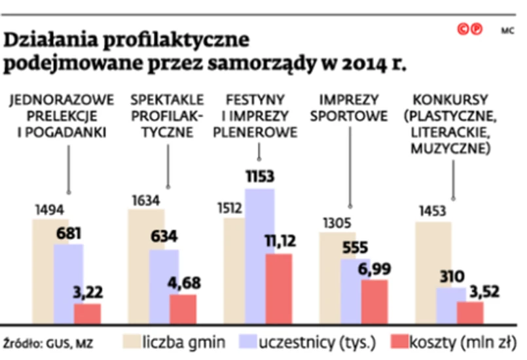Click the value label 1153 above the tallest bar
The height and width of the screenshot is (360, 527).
[260, 177]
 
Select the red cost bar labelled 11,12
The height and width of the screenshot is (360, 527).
[279, 288]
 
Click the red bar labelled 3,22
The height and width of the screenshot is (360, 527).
[87, 313]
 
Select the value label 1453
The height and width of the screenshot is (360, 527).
[429, 211]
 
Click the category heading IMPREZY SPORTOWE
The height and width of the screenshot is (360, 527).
[349, 108]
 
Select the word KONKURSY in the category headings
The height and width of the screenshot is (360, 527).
[451, 100]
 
